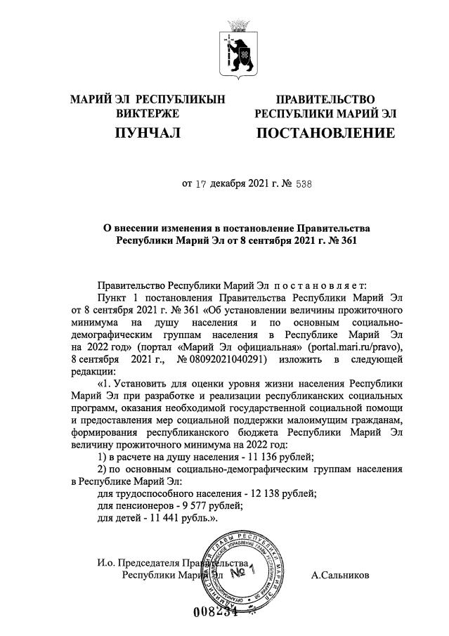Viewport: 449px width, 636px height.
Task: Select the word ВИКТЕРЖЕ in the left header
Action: point(148,113)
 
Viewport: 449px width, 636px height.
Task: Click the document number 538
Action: point(301,186)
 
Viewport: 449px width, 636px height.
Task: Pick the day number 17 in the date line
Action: point(202,186)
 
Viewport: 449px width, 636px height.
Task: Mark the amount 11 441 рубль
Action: point(179,518)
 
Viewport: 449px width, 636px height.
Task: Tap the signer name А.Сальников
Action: point(340,575)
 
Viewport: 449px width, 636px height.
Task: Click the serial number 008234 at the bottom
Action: point(216,611)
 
